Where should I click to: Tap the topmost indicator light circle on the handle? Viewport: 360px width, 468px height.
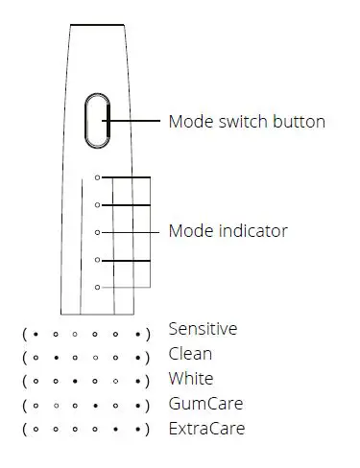(x=97, y=177)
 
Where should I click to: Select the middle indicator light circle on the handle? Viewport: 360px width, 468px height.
(x=97, y=232)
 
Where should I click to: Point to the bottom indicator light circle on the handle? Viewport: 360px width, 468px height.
(x=97, y=287)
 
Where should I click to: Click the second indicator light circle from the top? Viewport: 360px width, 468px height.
(x=97, y=204)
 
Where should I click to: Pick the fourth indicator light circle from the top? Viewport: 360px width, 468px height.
(x=97, y=260)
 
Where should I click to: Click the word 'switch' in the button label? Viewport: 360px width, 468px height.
(x=241, y=122)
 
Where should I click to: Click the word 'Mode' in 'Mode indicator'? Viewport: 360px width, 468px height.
(x=189, y=231)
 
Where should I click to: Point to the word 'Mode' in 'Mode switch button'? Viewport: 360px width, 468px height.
(x=189, y=122)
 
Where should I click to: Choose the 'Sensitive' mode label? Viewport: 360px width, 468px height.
(x=202, y=329)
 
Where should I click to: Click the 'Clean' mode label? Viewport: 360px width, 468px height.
(x=190, y=354)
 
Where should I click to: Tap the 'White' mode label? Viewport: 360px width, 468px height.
(x=191, y=379)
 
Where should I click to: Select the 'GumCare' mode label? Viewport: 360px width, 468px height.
(x=204, y=404)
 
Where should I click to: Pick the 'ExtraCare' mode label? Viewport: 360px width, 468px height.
(x=205, y=429)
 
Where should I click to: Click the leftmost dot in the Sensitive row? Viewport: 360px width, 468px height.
(x=35, y=334)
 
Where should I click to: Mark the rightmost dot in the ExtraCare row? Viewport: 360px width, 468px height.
(x=138, y=430)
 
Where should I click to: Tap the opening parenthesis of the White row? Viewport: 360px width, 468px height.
(x=24, y=381)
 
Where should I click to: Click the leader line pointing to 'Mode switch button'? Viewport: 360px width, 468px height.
(x=134, y=121)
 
